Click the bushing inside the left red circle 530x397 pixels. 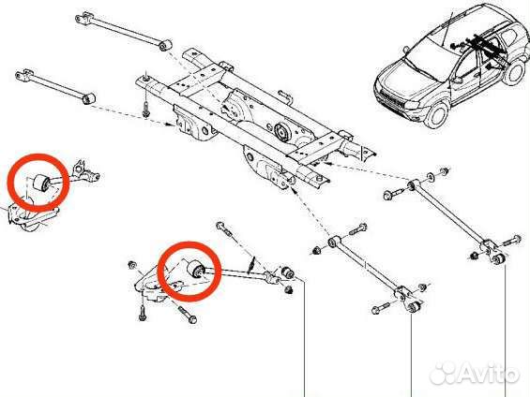(39, 182)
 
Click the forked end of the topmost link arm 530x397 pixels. (83, 15)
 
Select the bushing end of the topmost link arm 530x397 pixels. (166, 43)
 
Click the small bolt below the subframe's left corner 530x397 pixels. (146, 111)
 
